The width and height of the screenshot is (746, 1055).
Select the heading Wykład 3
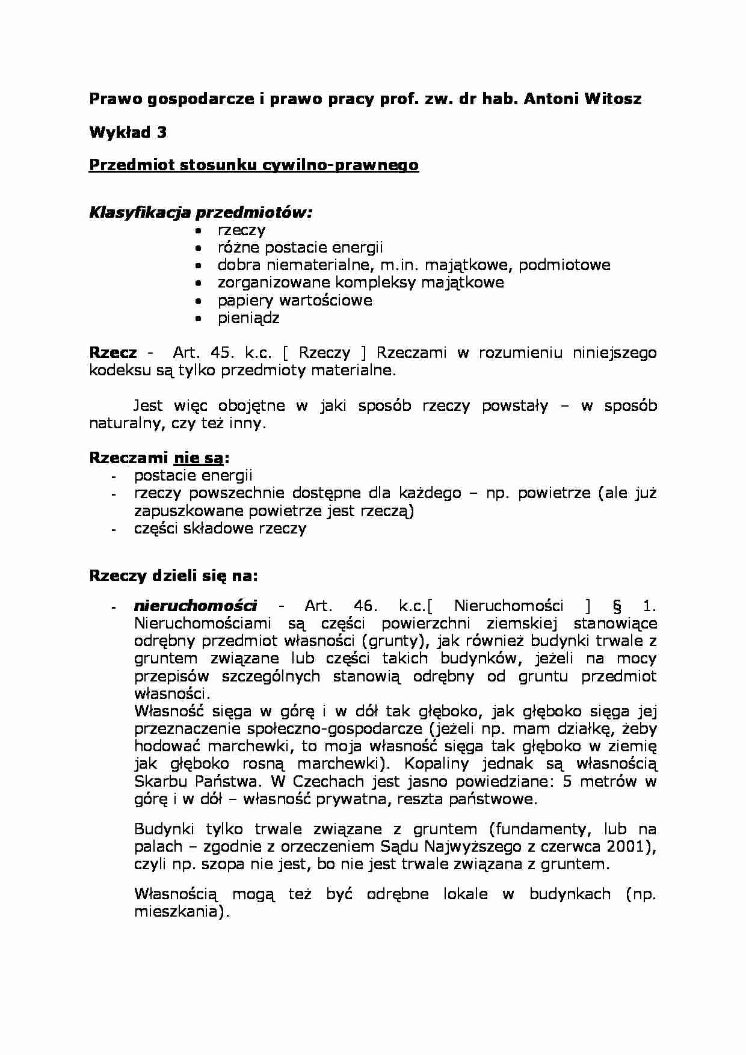128,132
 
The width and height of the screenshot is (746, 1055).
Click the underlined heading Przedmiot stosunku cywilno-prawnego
253,165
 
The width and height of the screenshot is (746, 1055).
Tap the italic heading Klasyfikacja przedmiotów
201,212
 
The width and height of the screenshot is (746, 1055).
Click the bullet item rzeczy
241,230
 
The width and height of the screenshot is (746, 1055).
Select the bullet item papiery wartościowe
295,300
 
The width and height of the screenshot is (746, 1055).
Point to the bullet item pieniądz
248,318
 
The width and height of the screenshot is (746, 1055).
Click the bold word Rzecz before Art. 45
113,353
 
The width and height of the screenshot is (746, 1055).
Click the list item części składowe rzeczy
220,529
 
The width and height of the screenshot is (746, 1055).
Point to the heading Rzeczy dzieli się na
173,576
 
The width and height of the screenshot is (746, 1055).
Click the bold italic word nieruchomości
196,606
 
